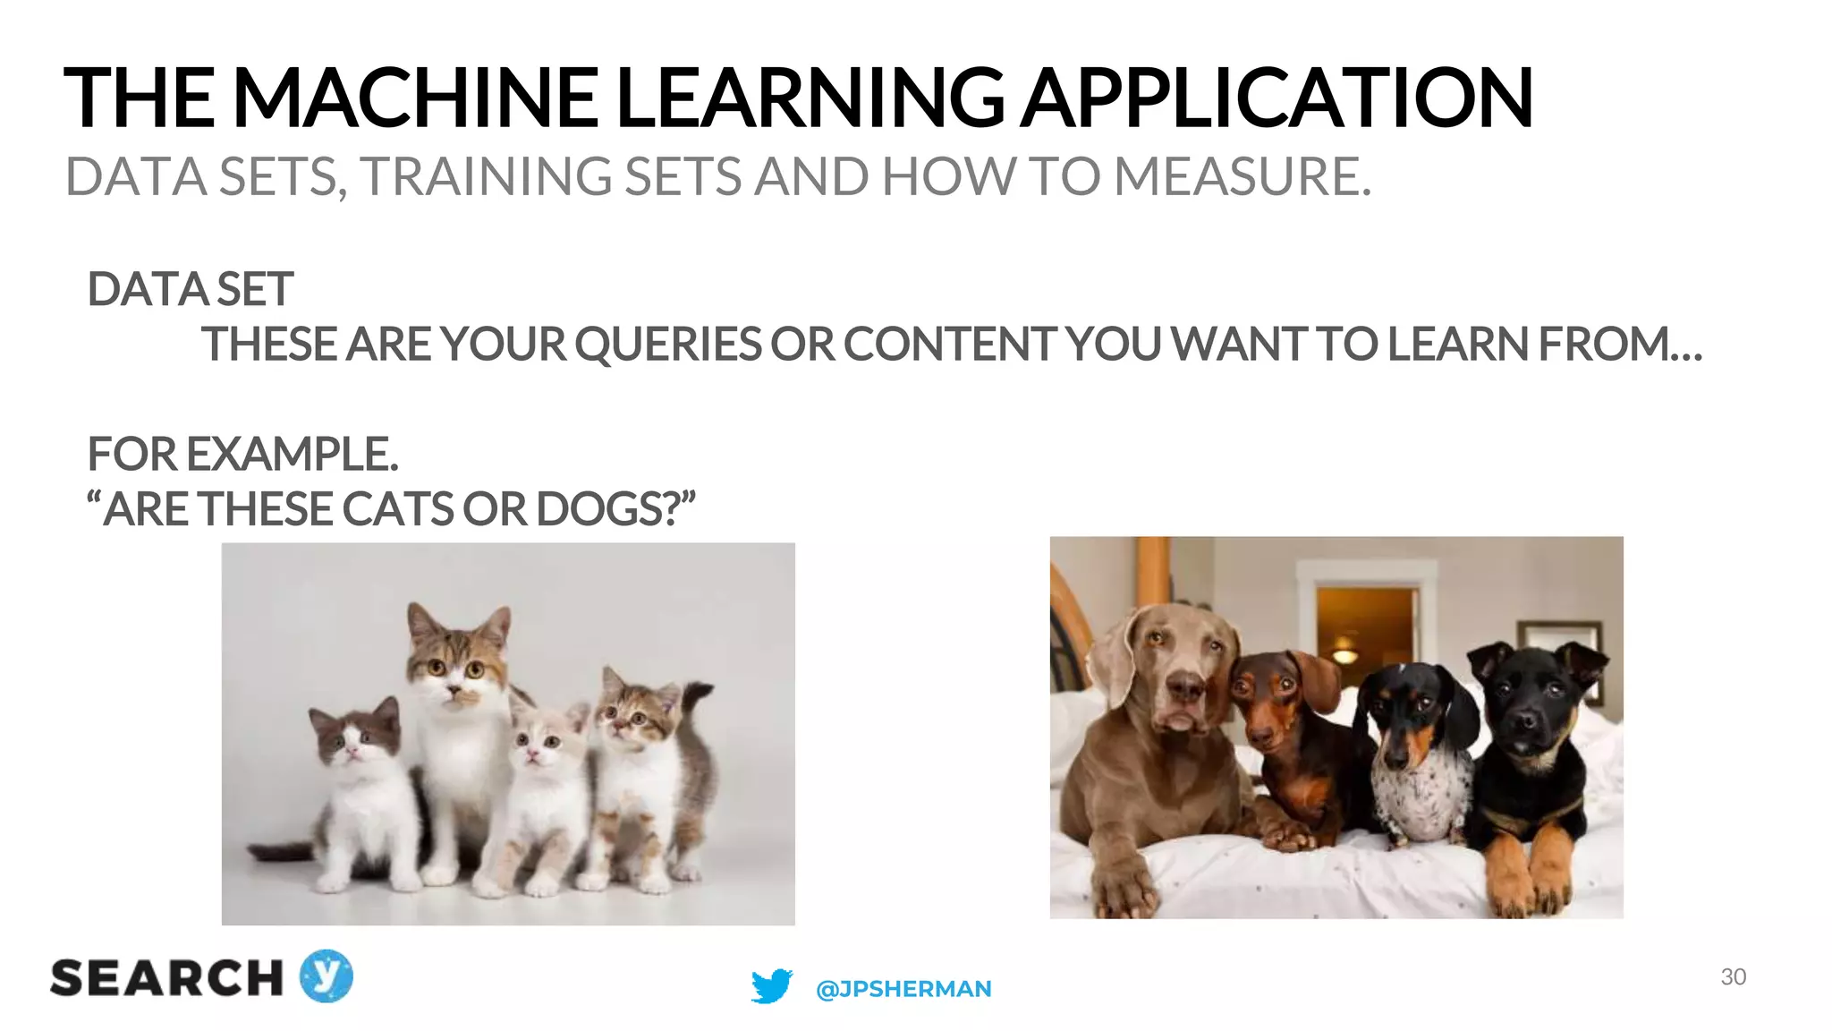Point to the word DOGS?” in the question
[615, 509]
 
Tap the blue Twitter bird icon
[771, 986]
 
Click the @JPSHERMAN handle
[903, 989]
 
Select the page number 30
[1733, 976]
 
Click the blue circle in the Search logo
[326, 976]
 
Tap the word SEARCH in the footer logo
[166, 978]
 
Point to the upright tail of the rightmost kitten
[698, 716]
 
